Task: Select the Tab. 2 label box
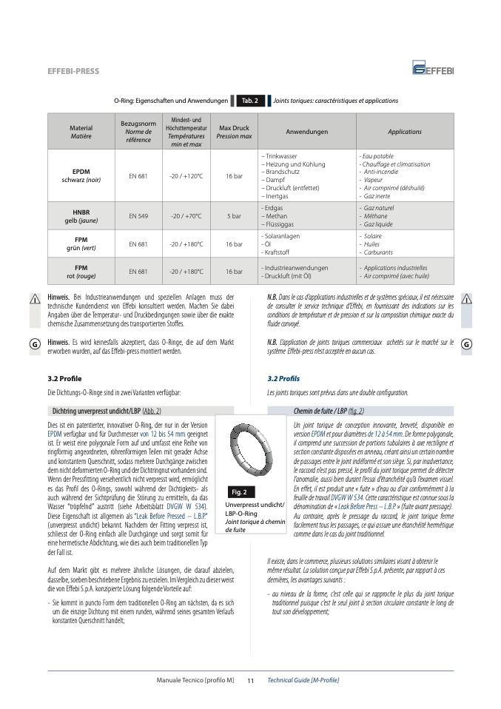pyautogui.click(x=249, y=101)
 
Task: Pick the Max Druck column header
pyautogui.click(x=234, y=131)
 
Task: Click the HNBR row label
pyautogui.click(x=81, y=215)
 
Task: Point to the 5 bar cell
pyautogui.click(x=234, y=216)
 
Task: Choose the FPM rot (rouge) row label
pyautogui.click(x=81, y=271)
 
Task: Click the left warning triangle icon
pyautogui.click(x=34, y=298)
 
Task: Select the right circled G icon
pyautogui.click(x=466, y=345)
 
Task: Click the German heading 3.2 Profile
pyautogui.click(x=64, y=378)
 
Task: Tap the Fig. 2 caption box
pyautogui.click(x=239, y=491)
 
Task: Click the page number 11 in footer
pyautogui.click(x=250, y=679)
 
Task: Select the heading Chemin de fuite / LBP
pyautogui.click(x=329, y=410)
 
